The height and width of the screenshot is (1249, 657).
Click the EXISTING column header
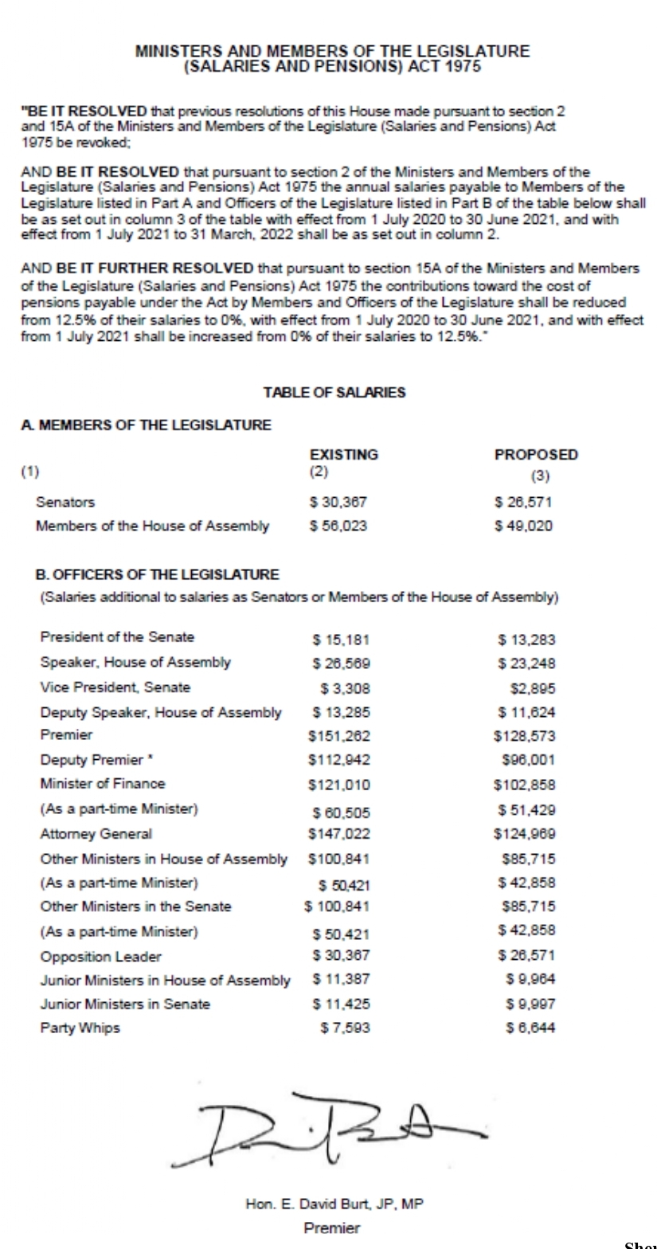click(343, 454)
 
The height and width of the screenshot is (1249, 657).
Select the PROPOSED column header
click(536, 454)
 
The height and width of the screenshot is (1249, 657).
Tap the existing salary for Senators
click(338, 502)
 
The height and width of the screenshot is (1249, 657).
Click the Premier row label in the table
click(66, 734)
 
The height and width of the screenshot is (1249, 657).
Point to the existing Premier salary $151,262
click(338, 736)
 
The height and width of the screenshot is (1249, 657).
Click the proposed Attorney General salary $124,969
click(525, 835)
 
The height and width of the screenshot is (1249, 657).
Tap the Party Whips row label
click(80, 1028)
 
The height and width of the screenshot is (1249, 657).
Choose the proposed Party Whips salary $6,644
click(526, 1028)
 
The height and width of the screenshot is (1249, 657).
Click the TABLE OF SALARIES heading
click(334, 392)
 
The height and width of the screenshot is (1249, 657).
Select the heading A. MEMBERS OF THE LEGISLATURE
click(146, 425)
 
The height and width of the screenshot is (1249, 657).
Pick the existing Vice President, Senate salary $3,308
click(345, 687)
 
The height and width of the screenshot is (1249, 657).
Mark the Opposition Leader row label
click(100, 956)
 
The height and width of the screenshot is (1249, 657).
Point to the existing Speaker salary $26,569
click(341, 663)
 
